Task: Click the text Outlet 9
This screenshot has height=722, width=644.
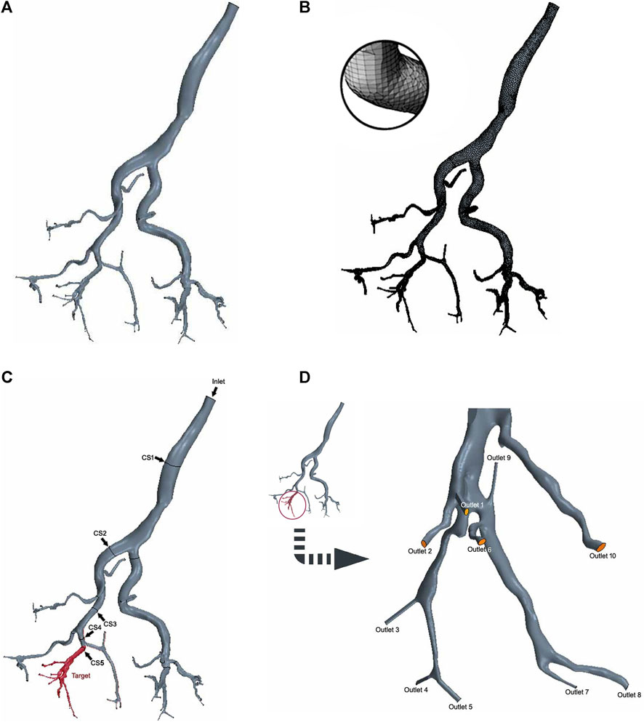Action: pos(499,458)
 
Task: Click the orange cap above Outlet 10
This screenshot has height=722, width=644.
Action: pos(601,546)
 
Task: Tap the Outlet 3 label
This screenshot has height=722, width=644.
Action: pos(387,629)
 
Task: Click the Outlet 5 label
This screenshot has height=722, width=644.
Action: pos(461,705)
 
